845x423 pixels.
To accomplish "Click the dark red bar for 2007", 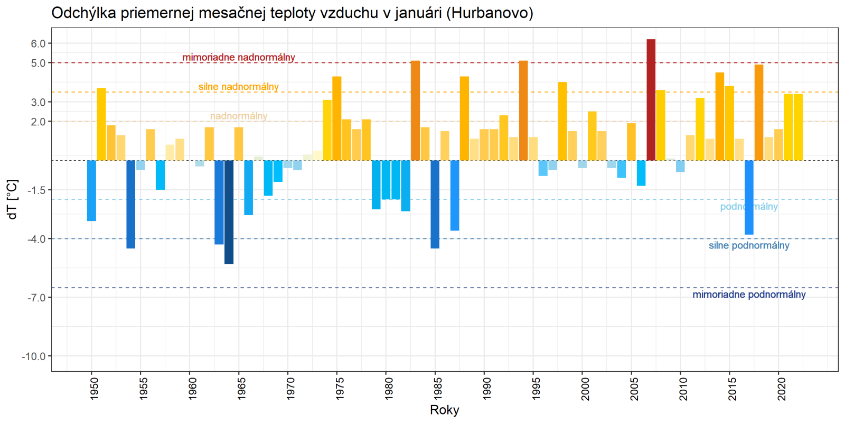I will click(x=651, y=100).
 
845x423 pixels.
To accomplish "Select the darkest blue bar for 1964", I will click(x=229, y=212).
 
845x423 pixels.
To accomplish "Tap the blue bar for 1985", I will click(x=435, y=204).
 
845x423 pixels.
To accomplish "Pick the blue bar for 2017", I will click(x=749, y=197).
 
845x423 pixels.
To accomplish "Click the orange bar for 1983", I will click(x=416, y=111).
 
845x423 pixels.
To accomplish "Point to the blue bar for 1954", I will click(x=130, y=204).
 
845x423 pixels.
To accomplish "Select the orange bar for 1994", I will click(x=523, y=111).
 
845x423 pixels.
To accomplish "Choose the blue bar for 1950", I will click(x=91, y=190).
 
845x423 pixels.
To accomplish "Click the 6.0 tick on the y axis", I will click(x=38, y=44).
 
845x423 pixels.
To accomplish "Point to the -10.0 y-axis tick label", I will click(x=34, y=356).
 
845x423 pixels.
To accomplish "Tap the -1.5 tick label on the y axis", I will click(x=36, y=190).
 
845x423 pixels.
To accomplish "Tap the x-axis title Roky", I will click(x=445, y=410).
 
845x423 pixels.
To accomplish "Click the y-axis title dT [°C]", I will click(x=13, y=199).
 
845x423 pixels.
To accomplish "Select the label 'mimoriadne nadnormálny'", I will click(x=239, y=57).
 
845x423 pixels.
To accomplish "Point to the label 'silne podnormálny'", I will click(x=749, y=245).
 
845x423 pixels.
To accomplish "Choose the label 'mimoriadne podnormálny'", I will click(x=749, y=295).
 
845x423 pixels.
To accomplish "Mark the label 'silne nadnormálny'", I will click(x=239, y=87).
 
